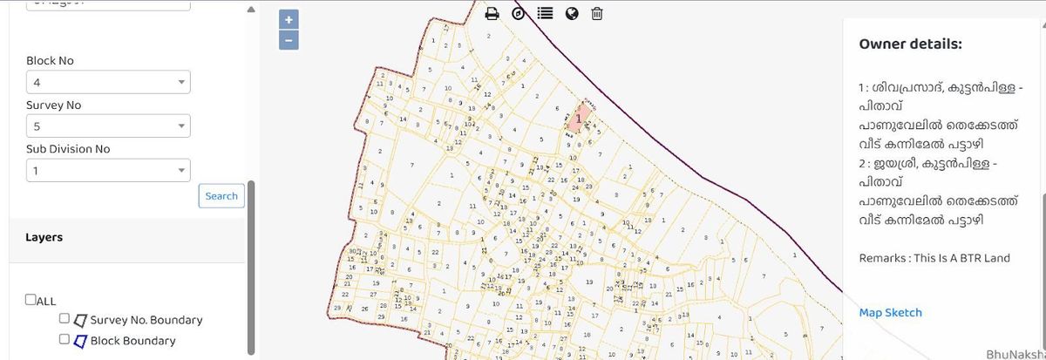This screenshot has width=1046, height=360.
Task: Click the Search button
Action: click(221, 196)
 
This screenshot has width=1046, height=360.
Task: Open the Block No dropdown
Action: click(108, 83)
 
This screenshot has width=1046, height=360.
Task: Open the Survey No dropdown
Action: click(108, 126)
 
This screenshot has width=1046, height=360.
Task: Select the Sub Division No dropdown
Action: click(108, 171)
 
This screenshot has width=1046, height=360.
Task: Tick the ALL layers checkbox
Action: click(31, 300)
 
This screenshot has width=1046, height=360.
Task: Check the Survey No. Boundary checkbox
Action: click(65, 319)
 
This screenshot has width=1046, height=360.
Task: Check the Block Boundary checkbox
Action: click(65, 339)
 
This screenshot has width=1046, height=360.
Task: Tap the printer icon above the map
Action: click(492, 13)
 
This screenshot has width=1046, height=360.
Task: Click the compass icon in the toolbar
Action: click(519, 13)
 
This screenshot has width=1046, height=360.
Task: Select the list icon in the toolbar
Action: click(545, 13)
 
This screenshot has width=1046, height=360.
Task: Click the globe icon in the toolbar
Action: click(571, 13)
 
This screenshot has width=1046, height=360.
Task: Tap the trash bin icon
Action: click(597, 13)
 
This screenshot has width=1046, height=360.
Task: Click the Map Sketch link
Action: click(890, 313)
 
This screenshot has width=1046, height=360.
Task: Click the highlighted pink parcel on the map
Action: click(579, 117)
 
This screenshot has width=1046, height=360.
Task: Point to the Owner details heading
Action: click(910, 44)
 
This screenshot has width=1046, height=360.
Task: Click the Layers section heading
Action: click(44, 237)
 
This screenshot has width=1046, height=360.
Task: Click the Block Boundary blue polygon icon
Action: click(79, 340)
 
